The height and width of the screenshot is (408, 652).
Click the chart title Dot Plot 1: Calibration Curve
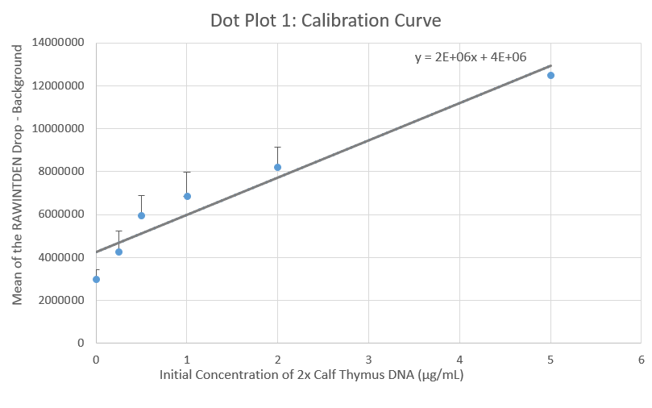[326, 19]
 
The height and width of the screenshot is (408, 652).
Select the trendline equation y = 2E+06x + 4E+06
[471, 57]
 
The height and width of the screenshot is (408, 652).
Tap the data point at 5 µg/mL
[550, 75]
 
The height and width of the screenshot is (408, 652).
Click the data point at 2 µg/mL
[277, 167]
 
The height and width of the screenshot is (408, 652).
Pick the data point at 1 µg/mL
[187, 196]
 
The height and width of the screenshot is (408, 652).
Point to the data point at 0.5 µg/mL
[141, 215]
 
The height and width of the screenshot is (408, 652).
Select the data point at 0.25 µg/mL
[118, 252]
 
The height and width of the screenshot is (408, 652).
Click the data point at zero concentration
[96, 279]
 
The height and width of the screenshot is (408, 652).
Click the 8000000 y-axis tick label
[60, 172]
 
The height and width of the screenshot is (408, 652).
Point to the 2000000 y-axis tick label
[60, 300]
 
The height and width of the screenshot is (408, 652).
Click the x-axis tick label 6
[641, 359]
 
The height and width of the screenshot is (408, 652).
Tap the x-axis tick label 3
[368, 359]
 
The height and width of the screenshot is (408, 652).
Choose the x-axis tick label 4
[459, 359]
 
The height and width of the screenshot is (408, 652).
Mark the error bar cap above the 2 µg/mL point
[277, 147]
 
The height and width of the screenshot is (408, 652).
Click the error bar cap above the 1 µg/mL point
[187, 172]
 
